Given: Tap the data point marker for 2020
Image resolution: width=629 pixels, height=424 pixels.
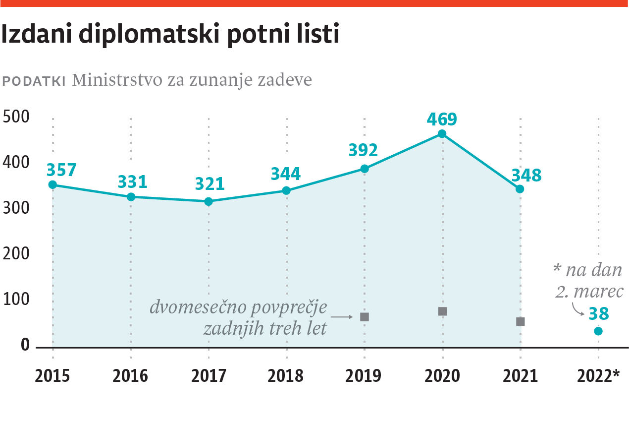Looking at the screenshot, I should click(442, 134).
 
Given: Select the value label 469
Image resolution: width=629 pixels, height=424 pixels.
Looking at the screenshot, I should click(442, 120).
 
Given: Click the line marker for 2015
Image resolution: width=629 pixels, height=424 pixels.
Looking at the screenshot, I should click(52, 185).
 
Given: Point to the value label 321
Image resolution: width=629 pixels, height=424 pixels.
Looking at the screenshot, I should click(210, 184).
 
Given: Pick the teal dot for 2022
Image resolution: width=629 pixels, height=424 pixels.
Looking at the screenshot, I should click(598, 331).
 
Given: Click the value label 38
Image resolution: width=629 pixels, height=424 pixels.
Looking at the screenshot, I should click(599, 314).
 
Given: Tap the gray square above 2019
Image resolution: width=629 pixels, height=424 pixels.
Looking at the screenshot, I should click(365, 317).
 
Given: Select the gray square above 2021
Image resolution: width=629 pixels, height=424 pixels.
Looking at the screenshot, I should click(521, 322).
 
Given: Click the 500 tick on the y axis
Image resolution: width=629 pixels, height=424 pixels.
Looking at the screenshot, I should click(16, 117).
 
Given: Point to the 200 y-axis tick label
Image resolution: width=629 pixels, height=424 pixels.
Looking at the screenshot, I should click(16, 254).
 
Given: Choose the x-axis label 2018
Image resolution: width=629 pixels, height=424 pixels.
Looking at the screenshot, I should click(286, 376).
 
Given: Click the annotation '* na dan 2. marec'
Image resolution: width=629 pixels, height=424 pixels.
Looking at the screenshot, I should click(588, 281).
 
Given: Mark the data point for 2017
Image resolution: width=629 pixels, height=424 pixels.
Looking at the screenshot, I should click(209, 201).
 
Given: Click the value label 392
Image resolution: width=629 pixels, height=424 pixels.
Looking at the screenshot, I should click(363, 150).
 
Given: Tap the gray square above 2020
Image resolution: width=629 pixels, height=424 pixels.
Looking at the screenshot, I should click(443, 311).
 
